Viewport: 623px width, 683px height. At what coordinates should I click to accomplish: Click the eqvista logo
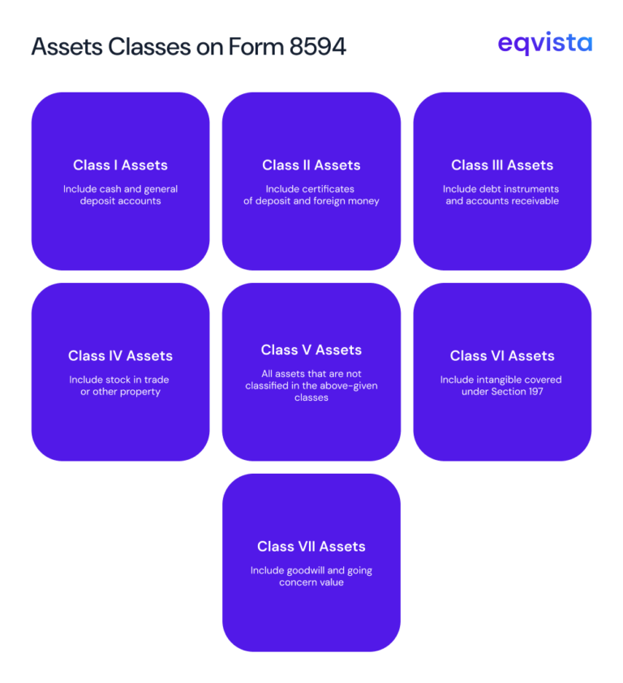pyautogui.click(x=545, y=44)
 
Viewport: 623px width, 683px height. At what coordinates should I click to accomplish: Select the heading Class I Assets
pyautogui.click(x=120, y=165)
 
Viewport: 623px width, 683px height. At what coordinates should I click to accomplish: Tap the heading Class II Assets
pyautogui.click(x=311, y=165)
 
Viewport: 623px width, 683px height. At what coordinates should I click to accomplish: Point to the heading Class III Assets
pyautogui.click(x=502, y=165)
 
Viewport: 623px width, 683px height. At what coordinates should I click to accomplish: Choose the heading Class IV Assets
pyautogui.click(x=120, y=356)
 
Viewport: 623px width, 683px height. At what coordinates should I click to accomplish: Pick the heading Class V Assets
pyautogui.click(x=311, y=350)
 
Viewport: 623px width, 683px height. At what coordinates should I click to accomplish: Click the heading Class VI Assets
pyautogui.click(x=502, y=356)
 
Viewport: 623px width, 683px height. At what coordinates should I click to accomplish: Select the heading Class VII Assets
pyautogui.click(x=311, y=547)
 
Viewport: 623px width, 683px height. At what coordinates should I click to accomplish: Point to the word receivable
pyautogui.click(x=535, y=201)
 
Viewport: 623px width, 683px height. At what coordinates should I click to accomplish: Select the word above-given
pyautogui.click(x=350, y=386)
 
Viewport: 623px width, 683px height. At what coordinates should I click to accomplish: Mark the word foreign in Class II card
pyautogui.click(x=334, y=201)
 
